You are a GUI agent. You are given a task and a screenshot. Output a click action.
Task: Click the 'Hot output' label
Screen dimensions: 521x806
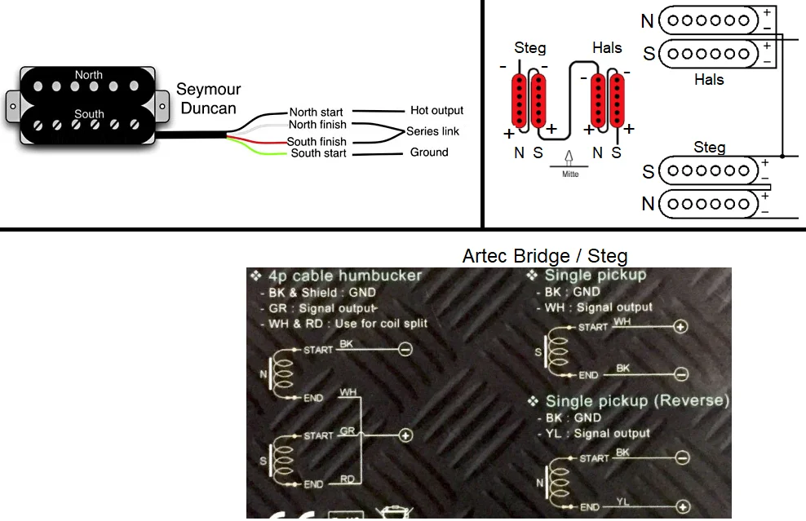pos(436,111)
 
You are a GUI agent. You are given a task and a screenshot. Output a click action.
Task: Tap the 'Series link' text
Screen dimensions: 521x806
pos(432,131)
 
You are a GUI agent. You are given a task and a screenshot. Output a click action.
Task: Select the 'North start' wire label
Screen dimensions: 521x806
pos(316,113)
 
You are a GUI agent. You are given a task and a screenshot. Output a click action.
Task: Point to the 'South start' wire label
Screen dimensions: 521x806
pos(318,153)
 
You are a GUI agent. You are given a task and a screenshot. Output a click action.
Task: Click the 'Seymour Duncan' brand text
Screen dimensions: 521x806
pos(208,99)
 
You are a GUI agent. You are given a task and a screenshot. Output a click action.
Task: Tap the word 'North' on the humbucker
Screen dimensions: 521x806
pos(89,75)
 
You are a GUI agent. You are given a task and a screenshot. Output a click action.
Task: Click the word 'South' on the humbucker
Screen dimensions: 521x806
pos(89,114)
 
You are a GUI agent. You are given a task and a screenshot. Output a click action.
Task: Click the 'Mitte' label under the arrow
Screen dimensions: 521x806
pos(570,174)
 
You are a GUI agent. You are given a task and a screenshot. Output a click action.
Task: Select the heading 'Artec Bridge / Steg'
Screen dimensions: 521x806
pos(545,255)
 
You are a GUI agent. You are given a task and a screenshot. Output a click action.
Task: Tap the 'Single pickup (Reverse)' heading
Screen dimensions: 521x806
pos(636,401)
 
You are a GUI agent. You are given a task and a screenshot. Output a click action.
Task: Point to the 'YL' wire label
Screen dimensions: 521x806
pos(623,501)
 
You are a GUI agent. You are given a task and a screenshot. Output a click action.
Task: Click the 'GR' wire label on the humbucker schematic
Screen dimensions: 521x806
pos(348,429)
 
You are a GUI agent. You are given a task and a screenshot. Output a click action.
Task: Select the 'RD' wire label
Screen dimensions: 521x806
pos(348,479)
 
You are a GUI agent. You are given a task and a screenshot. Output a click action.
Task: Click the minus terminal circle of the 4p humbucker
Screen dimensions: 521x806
pos(405,350)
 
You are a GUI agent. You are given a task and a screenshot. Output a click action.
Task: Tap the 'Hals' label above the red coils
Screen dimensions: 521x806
pos(607,48)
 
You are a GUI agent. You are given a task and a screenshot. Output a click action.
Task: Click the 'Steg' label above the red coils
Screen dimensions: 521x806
pos(530,48)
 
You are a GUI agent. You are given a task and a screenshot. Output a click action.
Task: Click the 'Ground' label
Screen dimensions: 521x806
pos(429,152)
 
